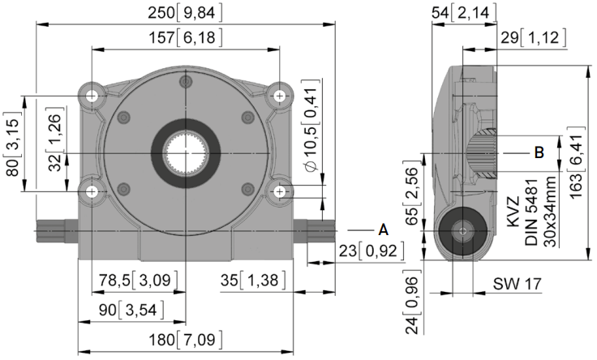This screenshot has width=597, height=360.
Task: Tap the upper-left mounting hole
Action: pyautogui.click(x=92, y=96)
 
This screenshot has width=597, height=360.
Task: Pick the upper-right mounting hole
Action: pyautogui.click(x=280, y=96)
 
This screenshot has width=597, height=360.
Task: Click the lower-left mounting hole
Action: pyautogui.click(x=92, y=191)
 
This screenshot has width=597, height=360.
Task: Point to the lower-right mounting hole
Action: pyautogui.click(x=280, y=191)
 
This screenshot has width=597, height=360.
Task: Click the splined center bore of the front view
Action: pyautogui.click(x=186, y=153)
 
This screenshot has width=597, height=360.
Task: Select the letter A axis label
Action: pyautogui.click(x=384, y=229)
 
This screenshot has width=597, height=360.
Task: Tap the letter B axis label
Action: pyautogui.click(x=539, y=153)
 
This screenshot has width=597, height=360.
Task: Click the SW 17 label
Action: pyautogui.click(x=517, y=284)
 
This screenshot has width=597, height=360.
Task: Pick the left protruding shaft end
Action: pyautogui.click(x=57, y=230)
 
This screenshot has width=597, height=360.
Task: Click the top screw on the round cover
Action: pyautogui.click(x=186, y=81)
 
